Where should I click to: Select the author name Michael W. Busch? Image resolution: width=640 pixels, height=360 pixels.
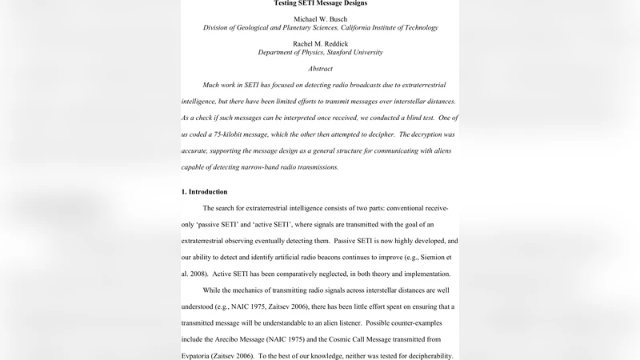pos(320,18)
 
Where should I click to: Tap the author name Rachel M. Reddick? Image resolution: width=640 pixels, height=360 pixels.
pos(320,43)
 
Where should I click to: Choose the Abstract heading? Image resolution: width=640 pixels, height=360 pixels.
pos(320,69)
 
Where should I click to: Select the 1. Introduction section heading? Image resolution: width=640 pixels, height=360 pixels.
pos(204,192)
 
